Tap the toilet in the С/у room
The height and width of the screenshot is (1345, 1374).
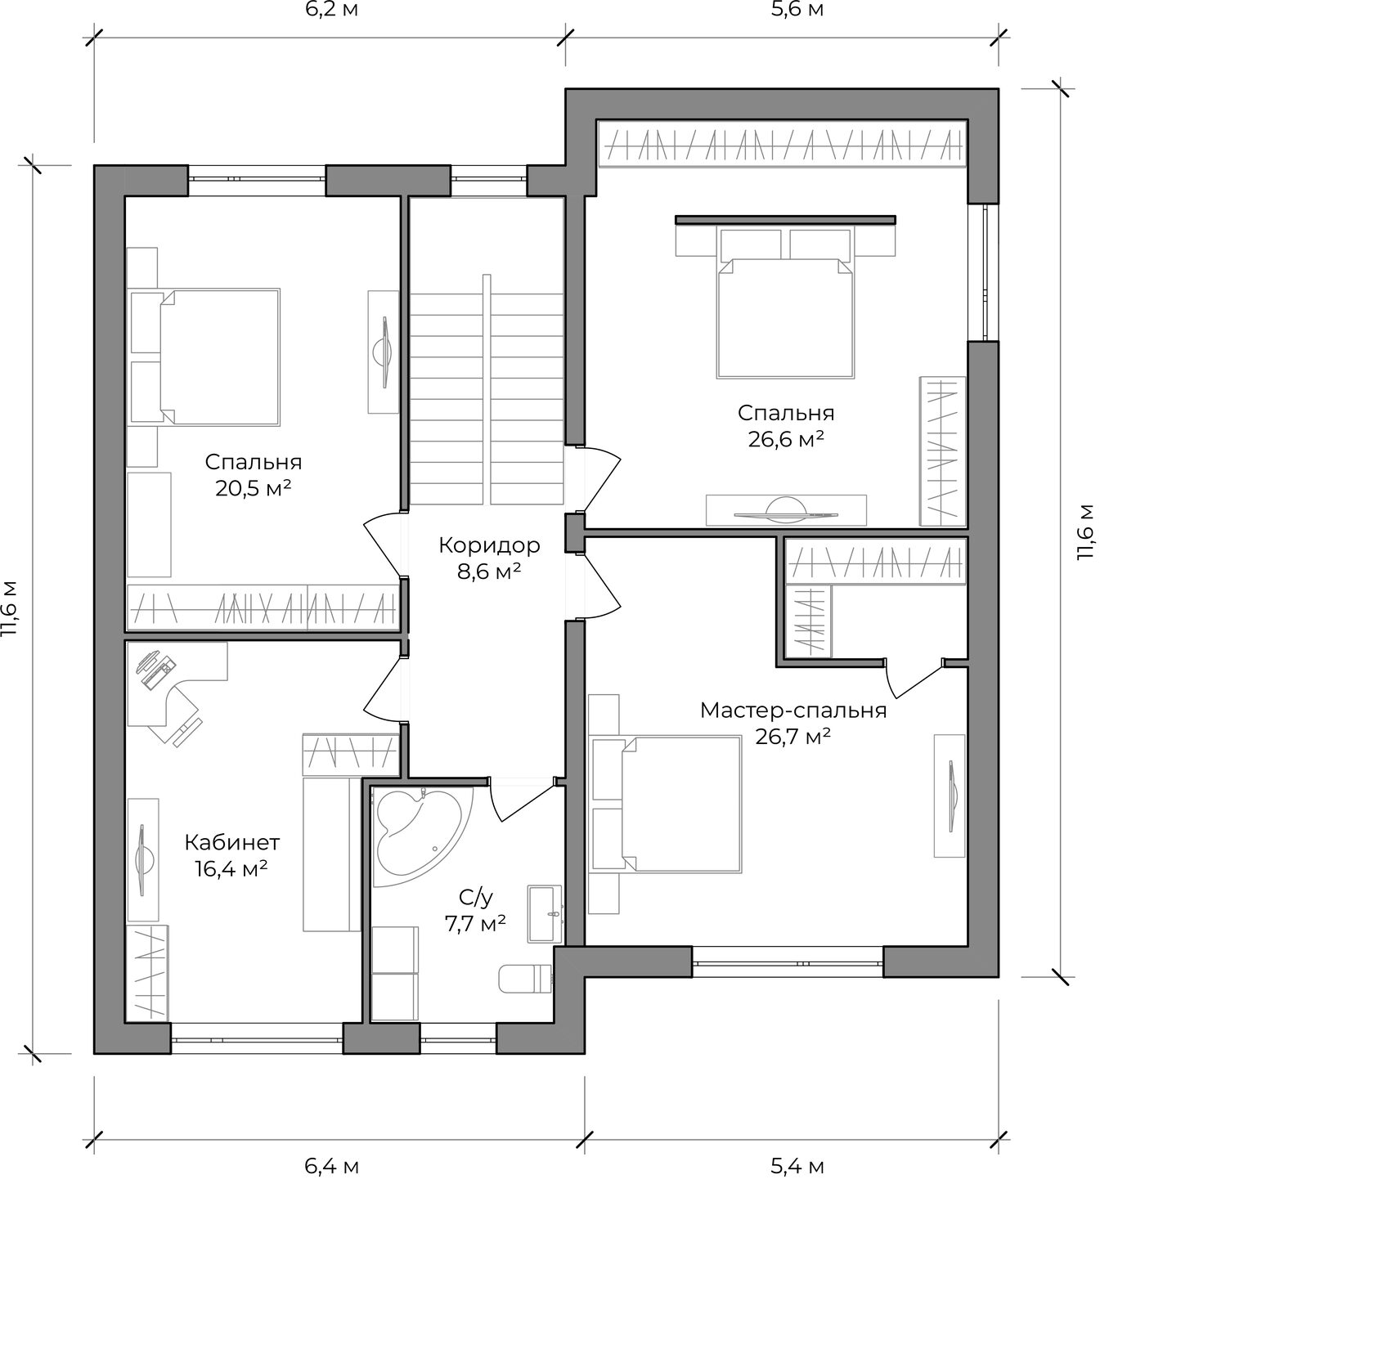click(x=526, y=980)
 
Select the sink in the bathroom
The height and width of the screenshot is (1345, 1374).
click(x=546, y=912)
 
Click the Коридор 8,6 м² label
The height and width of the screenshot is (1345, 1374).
click(x=489, y=558)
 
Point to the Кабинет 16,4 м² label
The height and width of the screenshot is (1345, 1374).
click(x=231, y=854)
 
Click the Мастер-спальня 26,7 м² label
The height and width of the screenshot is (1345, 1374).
click(x=793, y=723)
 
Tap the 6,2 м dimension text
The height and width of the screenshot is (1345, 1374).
click(x=331, y=11)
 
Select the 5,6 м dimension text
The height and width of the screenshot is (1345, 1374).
click(x=797, y=11)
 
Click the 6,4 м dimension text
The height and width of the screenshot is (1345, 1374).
click(x=332, y=1166)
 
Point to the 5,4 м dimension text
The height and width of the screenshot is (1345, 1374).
click(x=797, y=1166)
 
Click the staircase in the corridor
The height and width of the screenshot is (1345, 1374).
click(x=487, y=391)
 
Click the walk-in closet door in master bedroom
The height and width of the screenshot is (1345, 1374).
click(x=915, y=678)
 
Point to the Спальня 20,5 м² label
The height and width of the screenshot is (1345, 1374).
click(x=254, y=475)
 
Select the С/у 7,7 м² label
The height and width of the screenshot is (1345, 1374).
click(x=476, y=911)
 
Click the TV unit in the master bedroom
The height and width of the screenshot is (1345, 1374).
click(x=950, y=795)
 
